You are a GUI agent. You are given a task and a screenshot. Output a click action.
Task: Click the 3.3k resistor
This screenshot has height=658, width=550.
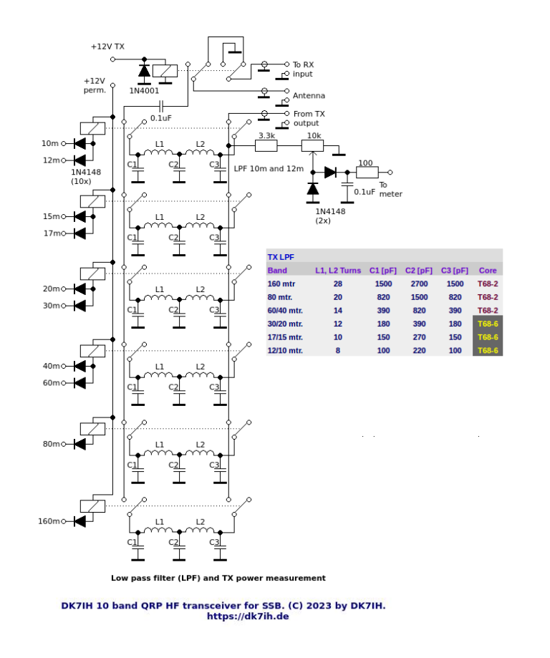point(266,146)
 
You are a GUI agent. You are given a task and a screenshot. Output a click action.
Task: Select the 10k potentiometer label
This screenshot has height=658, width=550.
point(314,135)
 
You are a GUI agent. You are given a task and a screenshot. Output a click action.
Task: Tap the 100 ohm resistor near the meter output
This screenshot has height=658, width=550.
point(367,173)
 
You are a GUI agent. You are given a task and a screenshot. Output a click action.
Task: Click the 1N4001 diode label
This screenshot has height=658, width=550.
point(145,92)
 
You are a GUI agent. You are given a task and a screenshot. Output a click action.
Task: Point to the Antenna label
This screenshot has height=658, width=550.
point(309,96)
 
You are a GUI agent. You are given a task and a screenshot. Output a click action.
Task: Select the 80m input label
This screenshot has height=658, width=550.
point(52,444)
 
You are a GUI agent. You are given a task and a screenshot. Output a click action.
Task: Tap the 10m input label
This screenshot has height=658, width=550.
point(52,144)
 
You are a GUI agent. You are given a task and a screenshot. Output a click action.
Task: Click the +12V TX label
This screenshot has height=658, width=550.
point(107,47)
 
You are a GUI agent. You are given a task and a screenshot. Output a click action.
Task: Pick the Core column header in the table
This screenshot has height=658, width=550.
point(488,271)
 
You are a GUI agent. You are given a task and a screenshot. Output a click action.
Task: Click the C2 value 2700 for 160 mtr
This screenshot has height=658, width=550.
point(419,284)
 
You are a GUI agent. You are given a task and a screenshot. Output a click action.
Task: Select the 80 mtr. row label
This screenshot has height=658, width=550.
point(282,297)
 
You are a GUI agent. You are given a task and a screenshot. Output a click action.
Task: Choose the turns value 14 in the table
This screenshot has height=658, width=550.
point(338,311)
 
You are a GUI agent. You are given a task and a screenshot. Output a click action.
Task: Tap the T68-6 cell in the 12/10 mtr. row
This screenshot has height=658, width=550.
point(488,350)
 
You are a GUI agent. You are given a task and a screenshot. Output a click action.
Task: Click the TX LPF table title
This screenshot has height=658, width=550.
point(280,257)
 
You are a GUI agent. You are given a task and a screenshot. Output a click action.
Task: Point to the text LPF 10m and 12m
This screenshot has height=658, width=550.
point(269,170)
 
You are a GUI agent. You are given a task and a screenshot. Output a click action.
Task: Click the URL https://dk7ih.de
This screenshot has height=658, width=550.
point(247,616)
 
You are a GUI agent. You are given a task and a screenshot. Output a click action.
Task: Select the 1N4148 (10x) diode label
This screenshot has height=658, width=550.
point(87,177)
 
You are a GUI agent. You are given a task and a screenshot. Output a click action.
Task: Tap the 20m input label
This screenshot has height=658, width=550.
point(52,289)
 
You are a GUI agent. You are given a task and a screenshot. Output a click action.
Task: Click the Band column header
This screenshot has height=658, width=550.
point(277,271)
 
